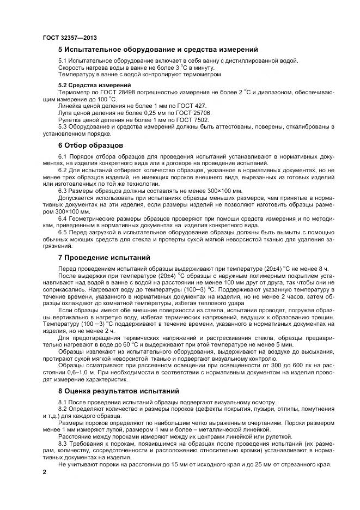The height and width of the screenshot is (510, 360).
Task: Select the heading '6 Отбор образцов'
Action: click(x=91, y=145)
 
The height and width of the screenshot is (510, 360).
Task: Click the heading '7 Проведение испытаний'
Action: click(x=104, y=257)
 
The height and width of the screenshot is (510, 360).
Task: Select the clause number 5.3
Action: click(x=63, y=126)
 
